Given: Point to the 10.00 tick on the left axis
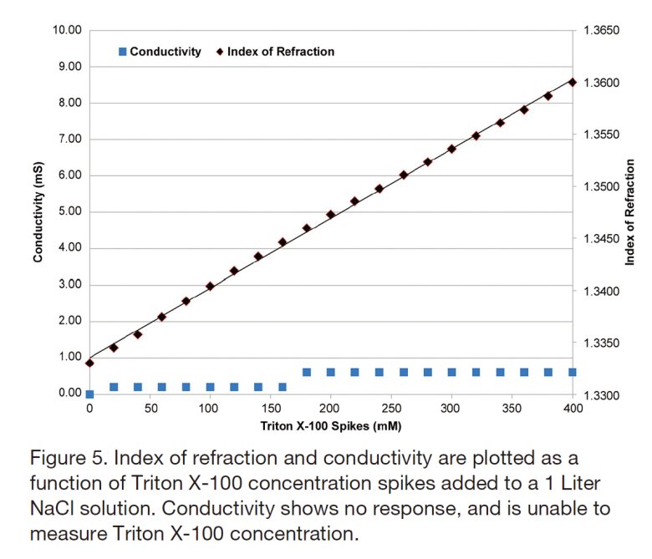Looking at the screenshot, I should point(68,30).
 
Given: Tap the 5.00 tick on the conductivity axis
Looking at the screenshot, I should point(68,211).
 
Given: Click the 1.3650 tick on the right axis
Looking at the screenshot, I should point(600,31).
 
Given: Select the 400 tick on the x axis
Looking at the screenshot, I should point(572,409).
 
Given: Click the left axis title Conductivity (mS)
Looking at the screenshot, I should point(38,211).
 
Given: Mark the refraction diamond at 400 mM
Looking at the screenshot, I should point(573,82).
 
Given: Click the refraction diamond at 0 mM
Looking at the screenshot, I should point(89,363).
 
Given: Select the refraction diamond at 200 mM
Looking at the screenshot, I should point(331,215).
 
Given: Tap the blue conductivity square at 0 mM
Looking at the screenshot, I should point(89,394).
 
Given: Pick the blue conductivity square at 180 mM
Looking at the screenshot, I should point(307,373).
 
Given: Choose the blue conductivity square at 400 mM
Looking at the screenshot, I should point(573,373).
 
